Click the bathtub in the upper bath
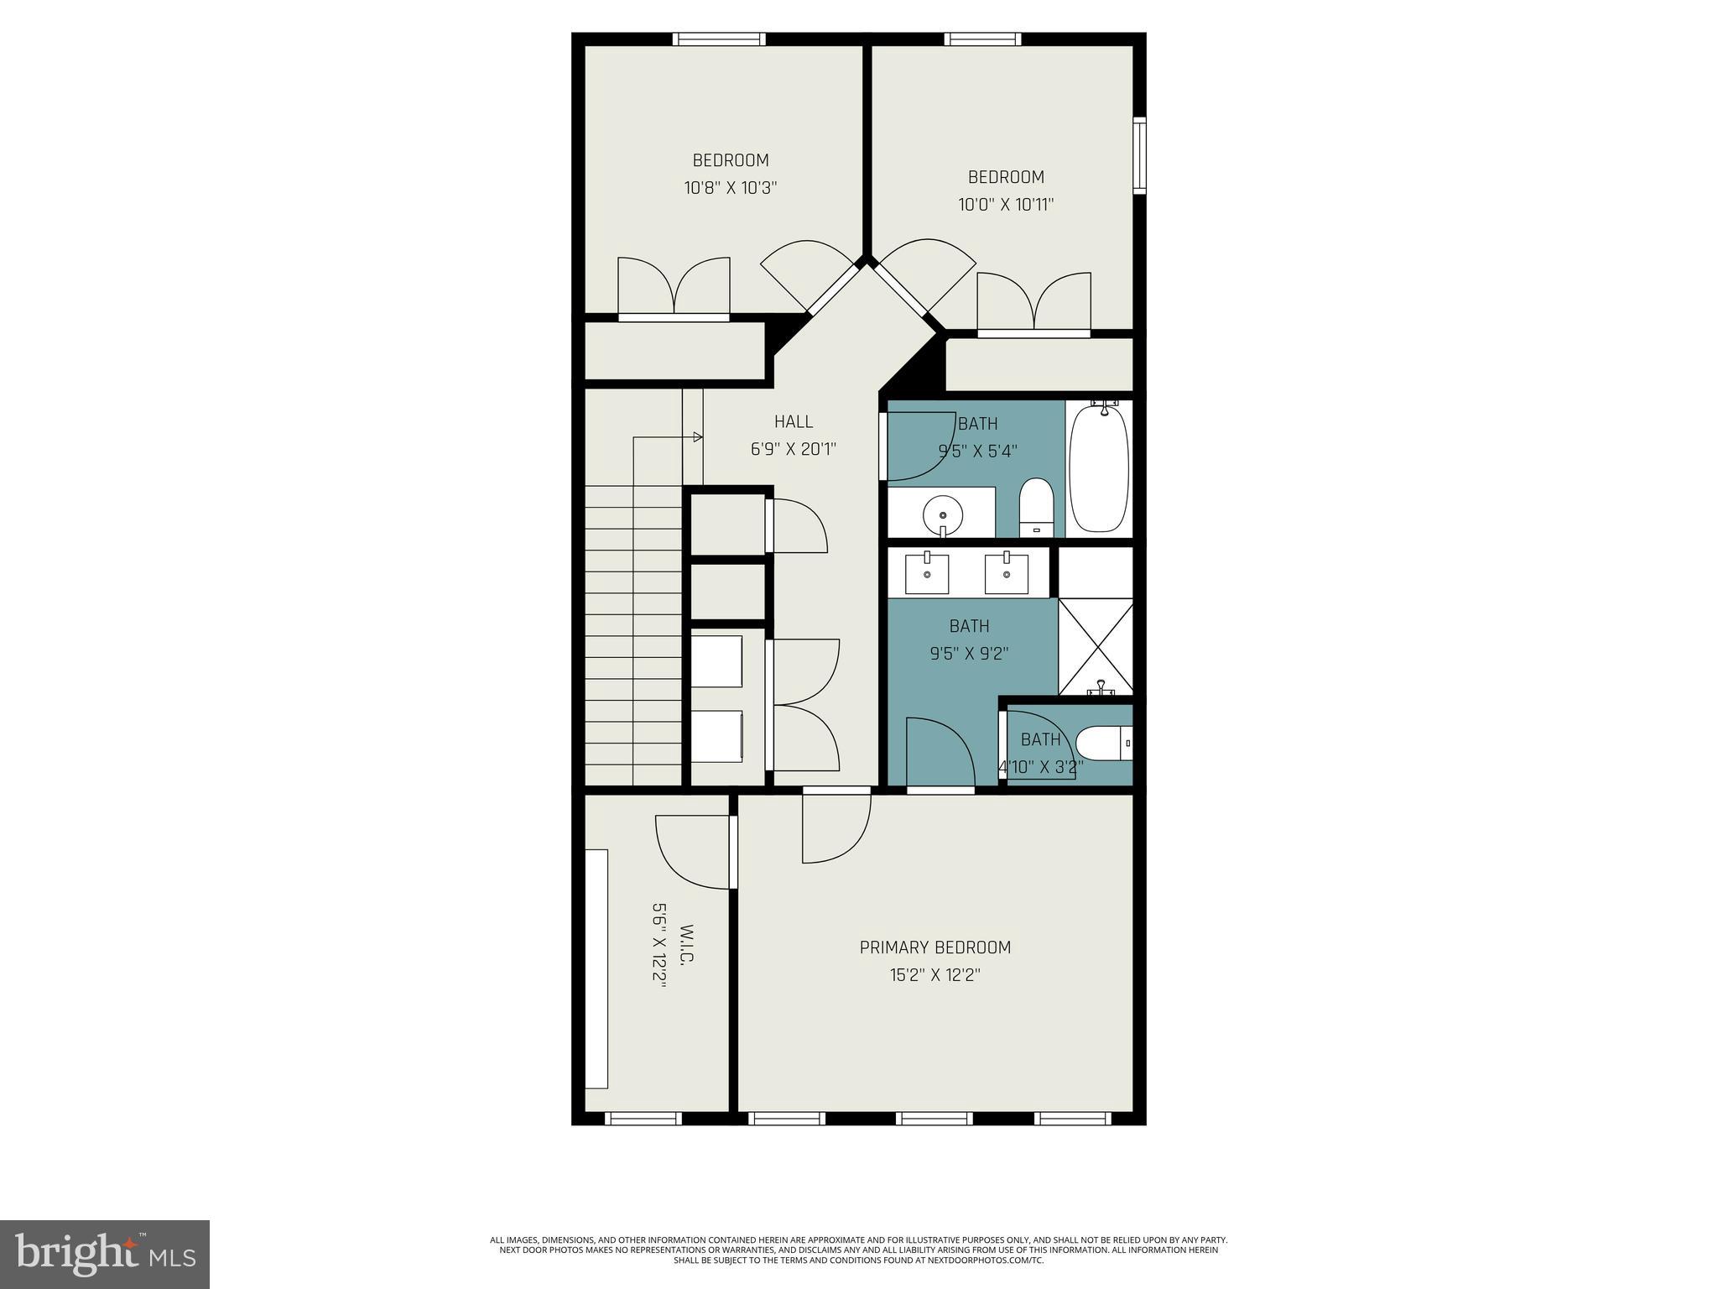point(1099,467)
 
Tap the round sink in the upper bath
point(943,511)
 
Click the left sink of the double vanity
point(927,573)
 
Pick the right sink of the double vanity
point(1006,573)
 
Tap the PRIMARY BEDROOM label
point(934,947)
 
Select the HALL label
point(793,422)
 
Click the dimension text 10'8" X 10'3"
point(731,188)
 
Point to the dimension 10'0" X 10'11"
point(1006,204)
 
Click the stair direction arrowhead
point(697,436)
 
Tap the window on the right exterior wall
point(1139,156)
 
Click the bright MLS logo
point(105,1255)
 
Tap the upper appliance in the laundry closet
point(716,660)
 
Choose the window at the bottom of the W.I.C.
point(643,1119)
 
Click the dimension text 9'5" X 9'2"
point(969,653)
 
